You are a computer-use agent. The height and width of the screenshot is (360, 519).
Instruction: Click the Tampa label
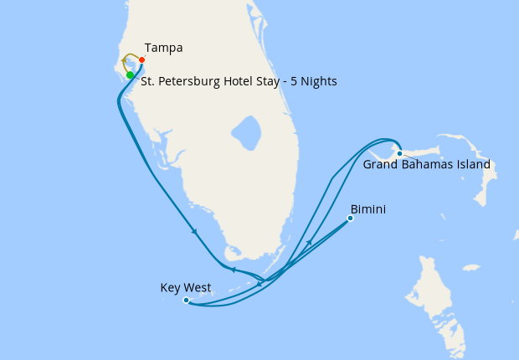pos(163,47)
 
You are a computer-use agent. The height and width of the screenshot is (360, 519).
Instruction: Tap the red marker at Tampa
pos(142,60)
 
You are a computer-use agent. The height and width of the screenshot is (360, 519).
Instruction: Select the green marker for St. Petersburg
pos(130,75)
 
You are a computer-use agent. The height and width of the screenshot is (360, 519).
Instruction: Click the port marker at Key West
pos(185,300)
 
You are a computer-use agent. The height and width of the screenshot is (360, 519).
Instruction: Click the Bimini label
pos(368,208)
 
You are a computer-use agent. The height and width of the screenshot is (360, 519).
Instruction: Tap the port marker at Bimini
pos(350,219)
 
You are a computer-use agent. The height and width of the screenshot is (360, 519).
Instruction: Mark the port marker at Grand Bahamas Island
pos(400,153)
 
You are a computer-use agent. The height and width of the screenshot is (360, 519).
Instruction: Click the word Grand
pos(379,164)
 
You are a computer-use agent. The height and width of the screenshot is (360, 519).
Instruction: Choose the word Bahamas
pos(423,164)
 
